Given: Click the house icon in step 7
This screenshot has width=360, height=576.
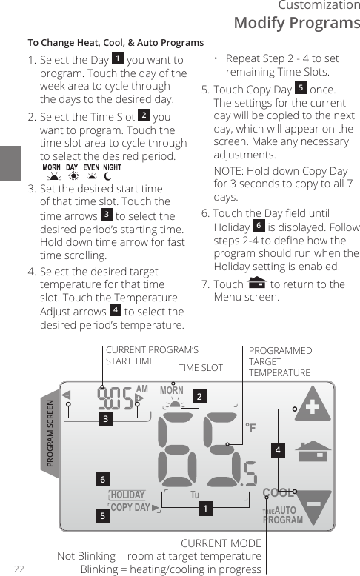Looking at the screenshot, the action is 258,284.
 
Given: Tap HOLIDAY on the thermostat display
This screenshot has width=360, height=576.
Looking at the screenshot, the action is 127,495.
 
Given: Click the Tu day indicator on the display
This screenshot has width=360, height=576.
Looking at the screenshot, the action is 196,495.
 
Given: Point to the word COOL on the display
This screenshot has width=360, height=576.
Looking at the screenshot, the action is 279,493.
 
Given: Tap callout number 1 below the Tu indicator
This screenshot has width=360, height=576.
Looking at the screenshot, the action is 205,509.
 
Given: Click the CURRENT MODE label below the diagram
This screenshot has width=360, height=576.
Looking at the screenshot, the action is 221,543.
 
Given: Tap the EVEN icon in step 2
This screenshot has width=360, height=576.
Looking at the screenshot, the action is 91,175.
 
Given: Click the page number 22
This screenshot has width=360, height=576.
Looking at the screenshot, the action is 19,569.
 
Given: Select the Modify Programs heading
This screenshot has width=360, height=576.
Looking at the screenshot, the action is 296,22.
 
